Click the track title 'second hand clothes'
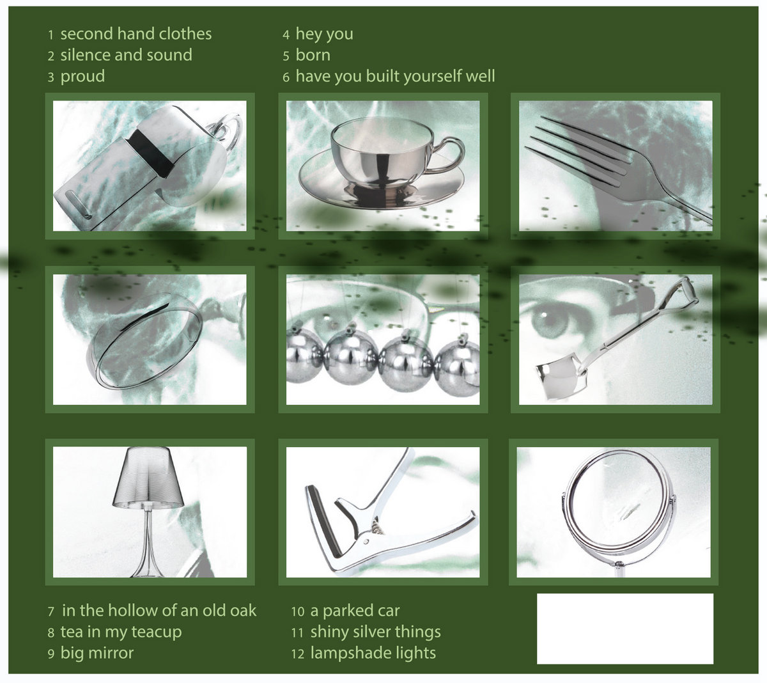[x=136, y=34]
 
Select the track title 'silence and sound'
[x=127, y=55]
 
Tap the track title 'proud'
[x=82, y=77]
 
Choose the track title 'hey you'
[x=325, y=35]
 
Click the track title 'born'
[x=313, y=55]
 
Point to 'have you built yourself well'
[x=395, y=77]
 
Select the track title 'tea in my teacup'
[x=121, y=632]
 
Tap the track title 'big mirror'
[x=97, y=654]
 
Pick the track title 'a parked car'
[x=355, y=611]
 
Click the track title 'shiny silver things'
[x=376, y=632]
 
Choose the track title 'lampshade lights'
[x=373, y=654]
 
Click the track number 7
[x=50, y=611]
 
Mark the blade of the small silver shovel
[x=561, y=381]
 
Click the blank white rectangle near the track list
[x=625, y=629]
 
